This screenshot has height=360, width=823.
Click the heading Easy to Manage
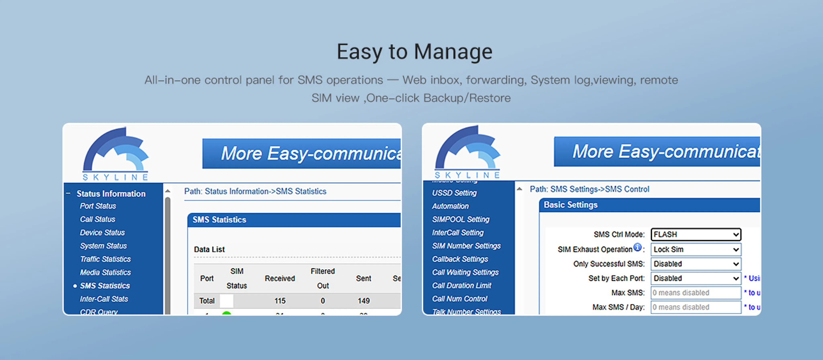pyautogui.click(x=414, y=52)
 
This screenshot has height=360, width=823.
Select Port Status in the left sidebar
pyautogui.click(x=98, y=206)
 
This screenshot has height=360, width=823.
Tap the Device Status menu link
pyautogui.click(x=102, y=233)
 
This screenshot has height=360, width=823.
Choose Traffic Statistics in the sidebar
pyautogui.click(x=105, y=259)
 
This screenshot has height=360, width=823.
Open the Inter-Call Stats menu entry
pyautogui.click(x=104, y=299)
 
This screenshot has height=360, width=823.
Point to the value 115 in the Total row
pyautogui.click(x=279, y=301)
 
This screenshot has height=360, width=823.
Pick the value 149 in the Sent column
pyautogui.click(x=363, y=301)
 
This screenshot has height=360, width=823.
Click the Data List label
pyautogui.click(x=209, y=250)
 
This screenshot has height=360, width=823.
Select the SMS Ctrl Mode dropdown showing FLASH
pyautogui.click(x=696, y=234)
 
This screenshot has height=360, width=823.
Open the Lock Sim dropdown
pyautogui.click(x=696, y=250)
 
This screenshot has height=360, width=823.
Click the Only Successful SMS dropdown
pyautogui.click(x=696, y=264)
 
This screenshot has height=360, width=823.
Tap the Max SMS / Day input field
pyautogui.click(x=696, y=307)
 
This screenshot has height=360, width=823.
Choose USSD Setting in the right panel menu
pyautogui.click(x=454, y=193)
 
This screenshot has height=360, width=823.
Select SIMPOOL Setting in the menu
pyautogui.click(x=460, y=219)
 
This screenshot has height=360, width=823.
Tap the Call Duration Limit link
pyautogui.click(x=461, y=286)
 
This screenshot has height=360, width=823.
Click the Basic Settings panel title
pyautogui.click(x=571, y=205)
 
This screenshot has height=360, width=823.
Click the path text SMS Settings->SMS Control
pyautogui.click(x=590, y=189)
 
